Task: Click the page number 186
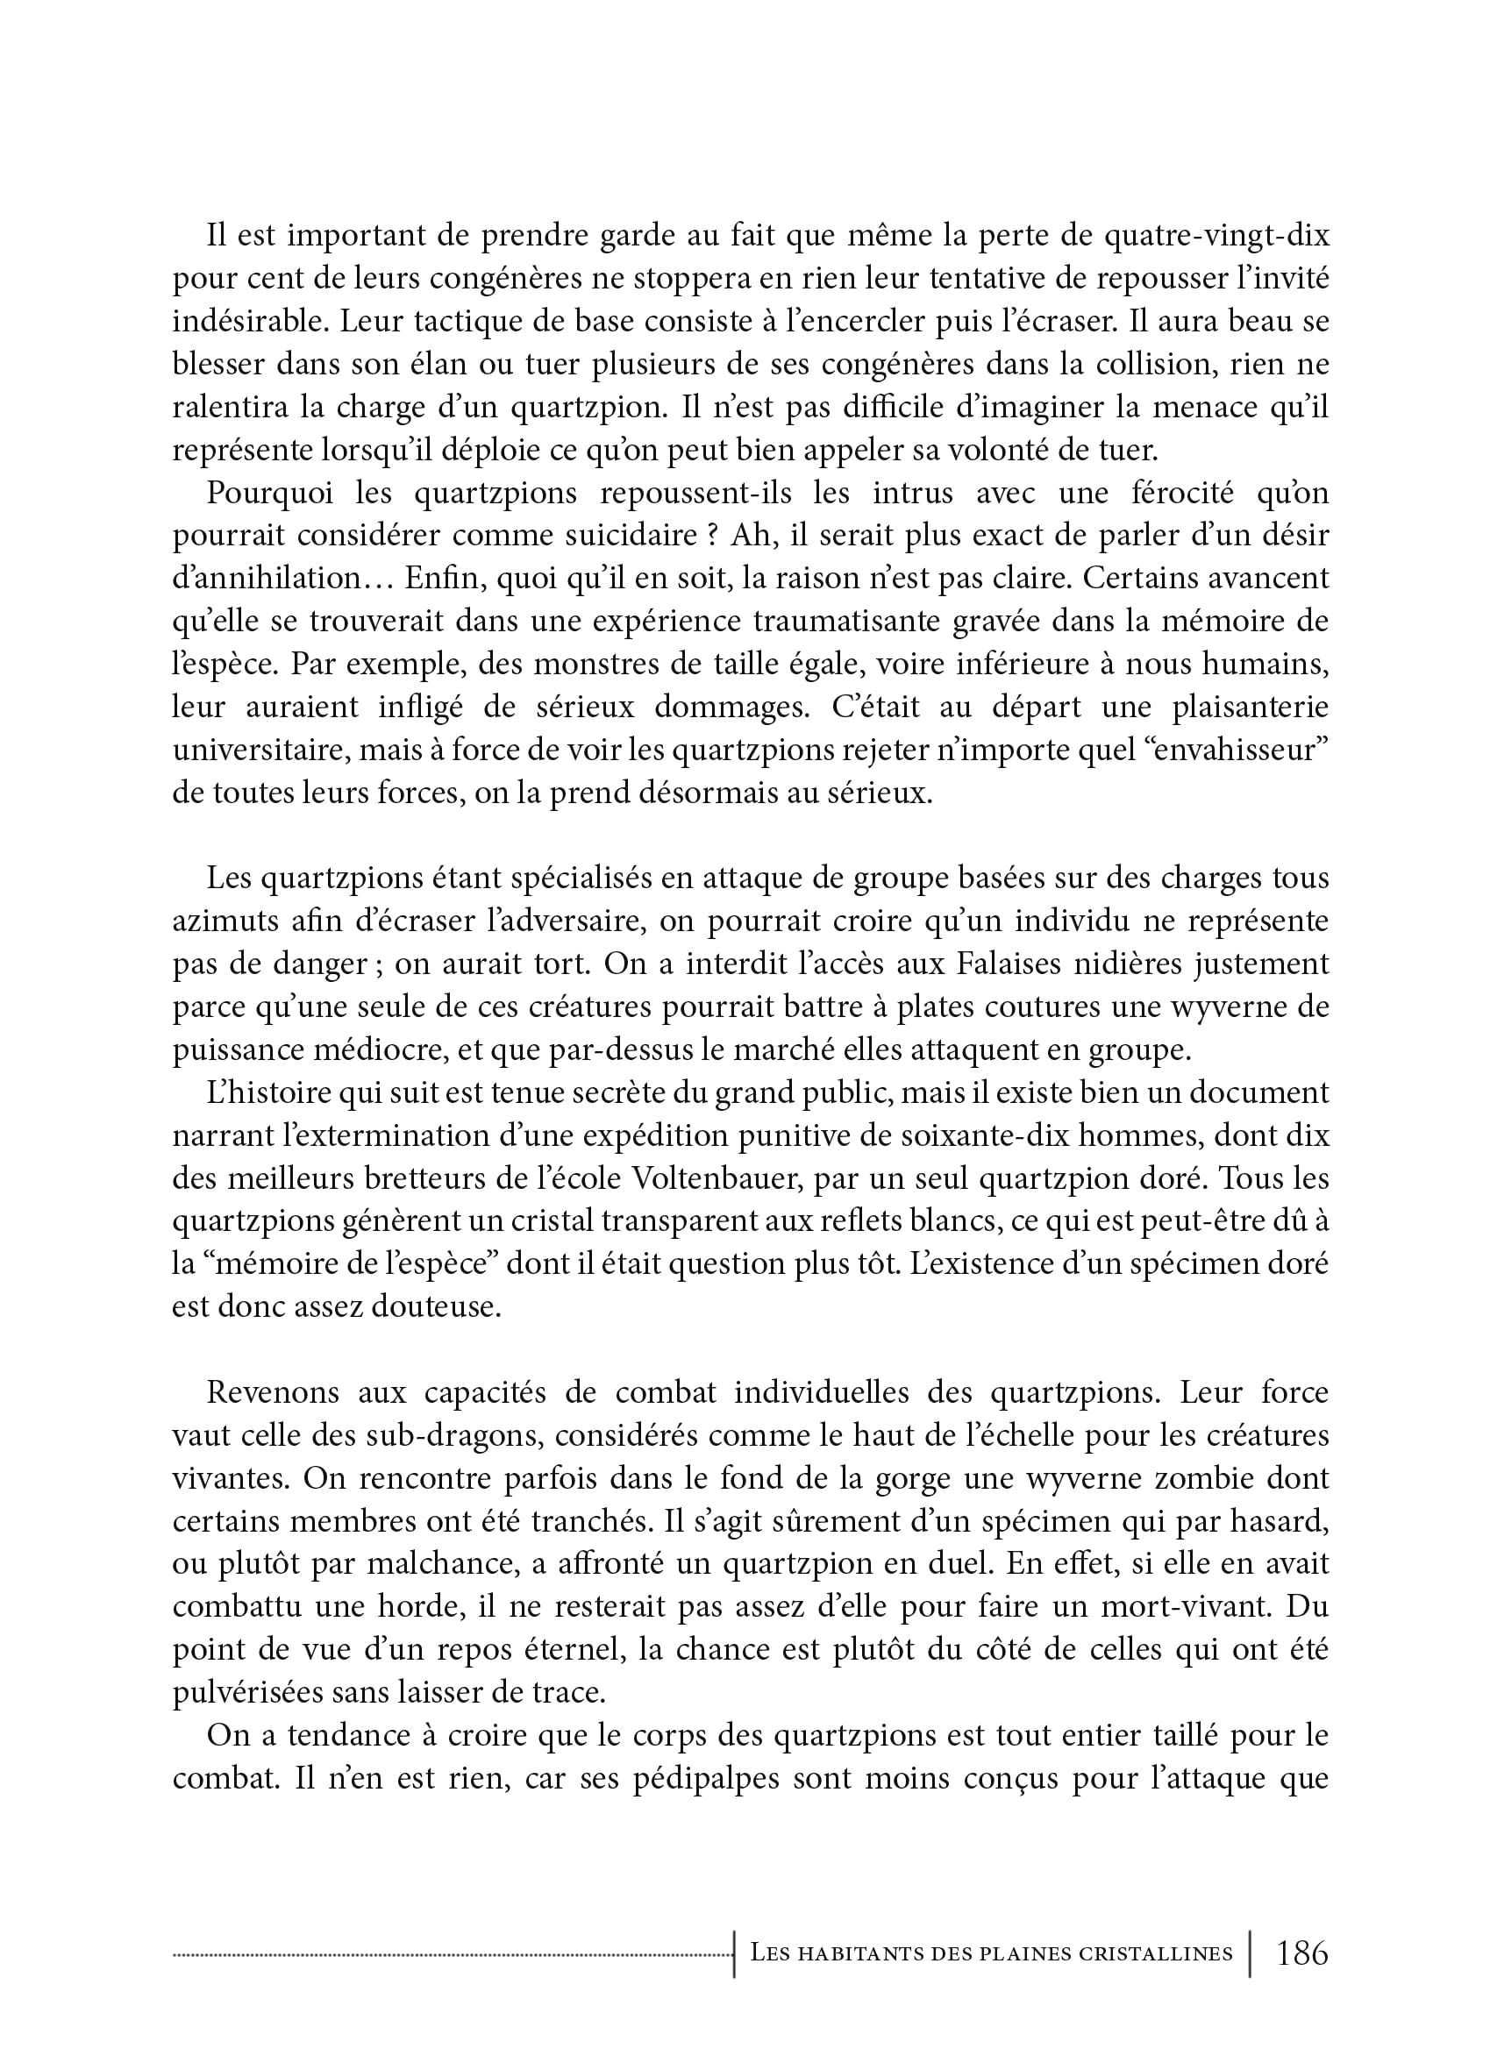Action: click(1301, 1952)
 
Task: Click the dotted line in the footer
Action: click(453, 1953)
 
